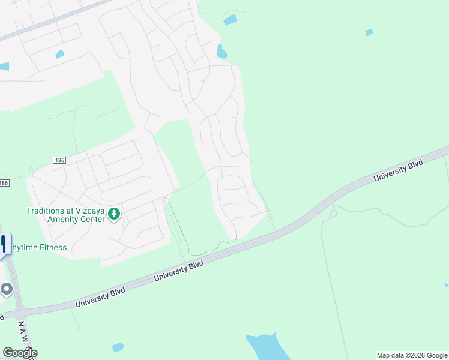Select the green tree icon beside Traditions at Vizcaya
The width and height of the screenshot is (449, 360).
tap(114, 214)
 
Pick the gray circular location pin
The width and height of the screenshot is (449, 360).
tap(7, 289)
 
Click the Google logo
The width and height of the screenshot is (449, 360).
tap(20, 353)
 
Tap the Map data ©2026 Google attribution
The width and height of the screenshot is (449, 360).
tap(412, 355)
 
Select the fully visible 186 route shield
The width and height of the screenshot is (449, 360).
tap(59, 160)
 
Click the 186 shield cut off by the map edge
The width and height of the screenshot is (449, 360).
tap(4, 182)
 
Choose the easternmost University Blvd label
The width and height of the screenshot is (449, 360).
tap(398, 170)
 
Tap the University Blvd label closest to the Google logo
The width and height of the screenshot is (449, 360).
tap(100, 298)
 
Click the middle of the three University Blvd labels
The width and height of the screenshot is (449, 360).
tap(179, 271)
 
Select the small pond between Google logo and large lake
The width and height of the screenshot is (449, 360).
tap(118, 347)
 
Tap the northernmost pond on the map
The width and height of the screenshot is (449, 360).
tap(230, 20)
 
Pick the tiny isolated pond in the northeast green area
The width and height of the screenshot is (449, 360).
tap(369, 32)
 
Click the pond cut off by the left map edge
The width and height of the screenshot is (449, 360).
tap(4, 67)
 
